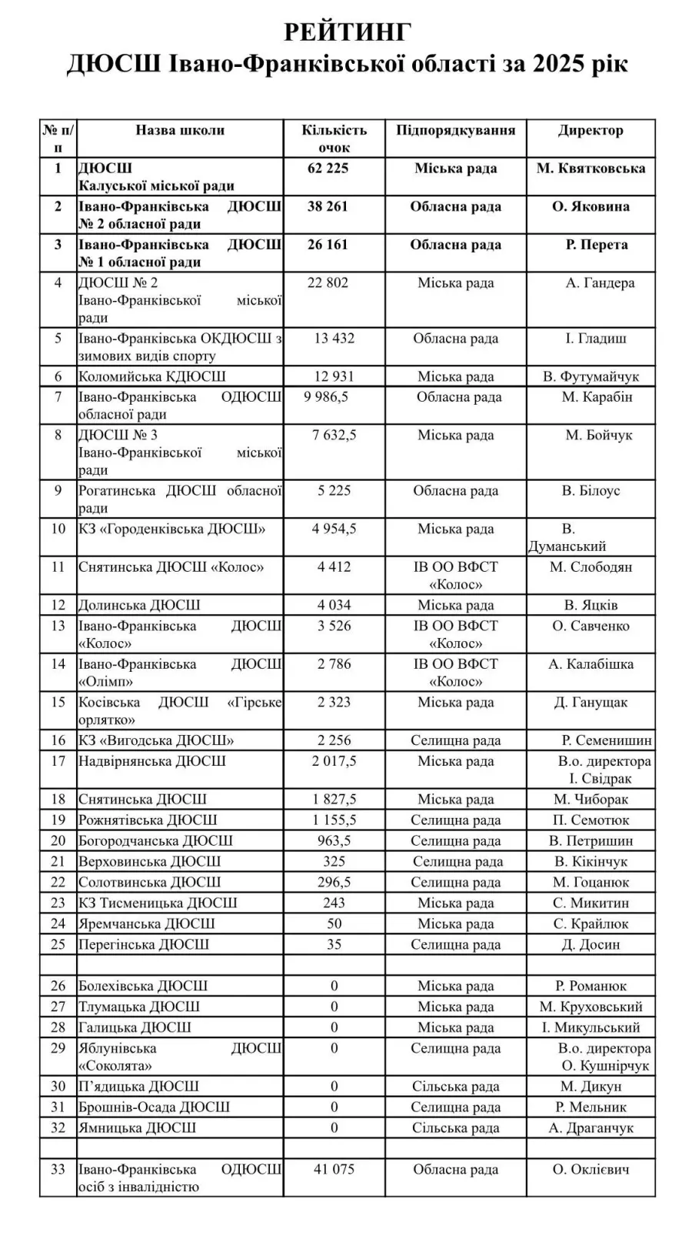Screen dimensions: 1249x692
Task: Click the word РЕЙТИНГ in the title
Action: (x=348, y=32)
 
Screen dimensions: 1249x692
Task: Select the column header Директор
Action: (x=591, y=130)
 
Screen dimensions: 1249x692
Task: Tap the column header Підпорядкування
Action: (x=455, y=130)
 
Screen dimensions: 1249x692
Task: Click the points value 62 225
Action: (x=328, y=169)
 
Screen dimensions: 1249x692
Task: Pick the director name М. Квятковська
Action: (x=591, y=169)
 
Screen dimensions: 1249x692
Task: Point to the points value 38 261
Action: (x=328, y=206)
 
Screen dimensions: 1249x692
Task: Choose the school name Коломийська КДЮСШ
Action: (x=152, y=376)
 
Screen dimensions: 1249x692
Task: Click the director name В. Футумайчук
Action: (x=591, y=376)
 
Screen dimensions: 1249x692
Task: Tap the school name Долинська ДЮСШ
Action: (x=139, y=605)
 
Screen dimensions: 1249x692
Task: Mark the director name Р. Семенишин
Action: (x=607, y=740)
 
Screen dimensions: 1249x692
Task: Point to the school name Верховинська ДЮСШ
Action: (x=149, y=862)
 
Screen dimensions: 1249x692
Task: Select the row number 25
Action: (x=58, y=945)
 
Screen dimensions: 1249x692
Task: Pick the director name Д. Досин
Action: (x=591, y=945)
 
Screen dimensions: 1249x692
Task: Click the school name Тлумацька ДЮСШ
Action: (x=139, y=1007)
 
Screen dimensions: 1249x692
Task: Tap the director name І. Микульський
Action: (x=591, y=1027)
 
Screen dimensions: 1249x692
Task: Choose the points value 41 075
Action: (x=334, y=1170)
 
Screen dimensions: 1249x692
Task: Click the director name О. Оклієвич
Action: (x=591, y=1170)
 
